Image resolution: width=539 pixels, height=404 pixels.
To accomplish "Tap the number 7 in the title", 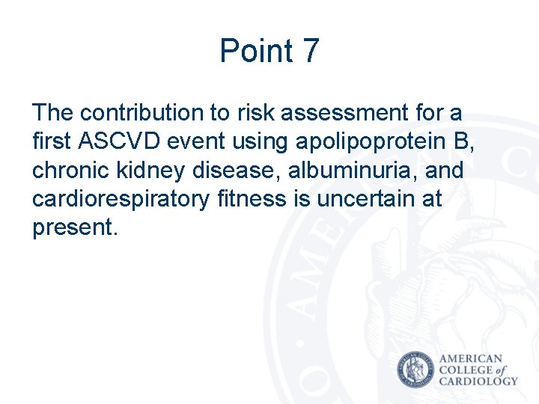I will pyautogui.click(x=310, y=51).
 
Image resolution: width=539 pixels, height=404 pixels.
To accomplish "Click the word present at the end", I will pyautogui.click(x=72, y=228).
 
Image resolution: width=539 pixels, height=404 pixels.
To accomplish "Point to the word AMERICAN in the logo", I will pyautogui.click(x=471, y=359).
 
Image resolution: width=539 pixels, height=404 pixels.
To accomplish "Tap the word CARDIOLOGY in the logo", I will pyautogui.click(x=478, y=381).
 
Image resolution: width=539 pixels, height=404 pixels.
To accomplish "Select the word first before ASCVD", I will pyautogui.click(x=51, y=141).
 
